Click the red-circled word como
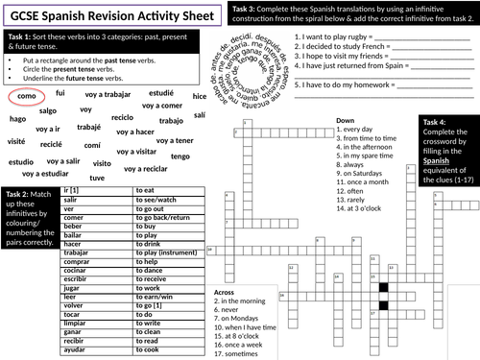click(x=27, y=98)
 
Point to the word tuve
click(x=98, y=178)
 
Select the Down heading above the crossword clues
click(x=346, y=121)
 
